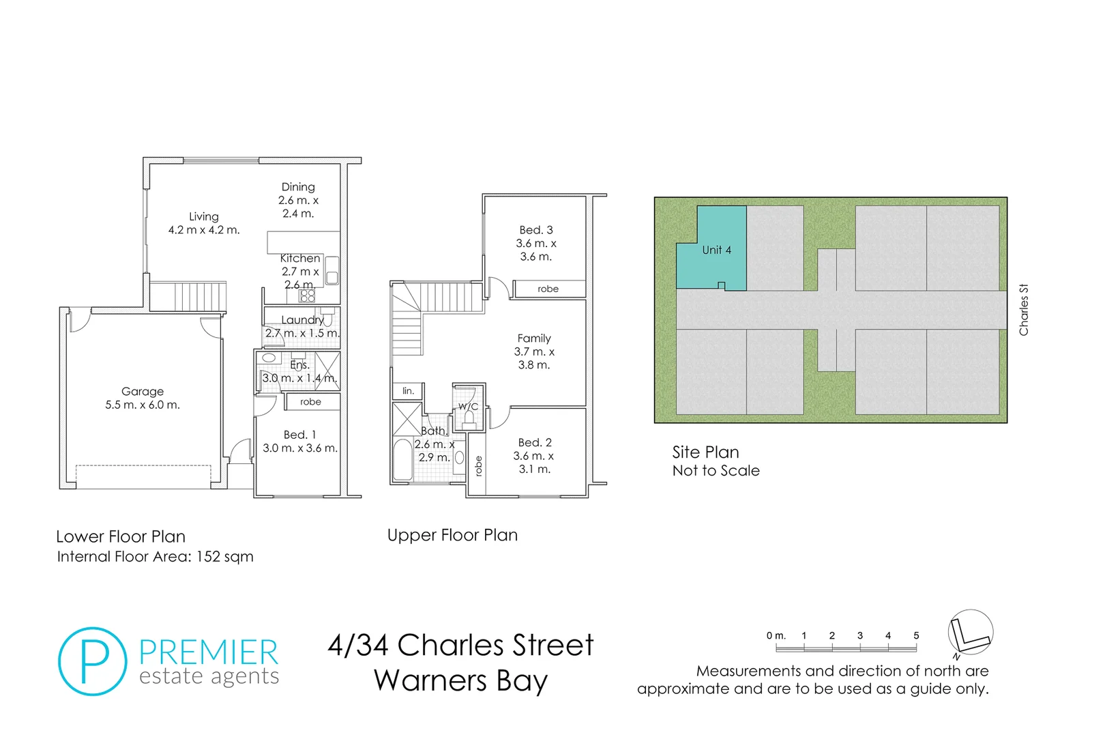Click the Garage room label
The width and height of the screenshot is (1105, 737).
tap(143, 392)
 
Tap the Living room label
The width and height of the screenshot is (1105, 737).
tap(204, 217)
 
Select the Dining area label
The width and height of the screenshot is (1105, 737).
tap(298, 187)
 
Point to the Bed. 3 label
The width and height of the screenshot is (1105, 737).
tap(536, 230)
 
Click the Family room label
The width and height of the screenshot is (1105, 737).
tap(534, 338)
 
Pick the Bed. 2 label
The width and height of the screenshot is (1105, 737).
tap(535, 443)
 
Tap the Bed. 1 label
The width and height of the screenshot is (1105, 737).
tap(300, 435)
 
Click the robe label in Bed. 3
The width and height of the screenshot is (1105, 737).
tap(548, 289)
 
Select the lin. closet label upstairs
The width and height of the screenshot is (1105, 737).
tap(408, 391)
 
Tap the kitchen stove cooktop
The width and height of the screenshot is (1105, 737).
tap(308, 295)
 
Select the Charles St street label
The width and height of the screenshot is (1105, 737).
tap(1023, 310)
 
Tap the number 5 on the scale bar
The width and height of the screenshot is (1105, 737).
tap(916, 635)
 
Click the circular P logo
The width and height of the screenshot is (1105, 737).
tap(93, 661)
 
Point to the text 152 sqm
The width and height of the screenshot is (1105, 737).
tap(224, 557)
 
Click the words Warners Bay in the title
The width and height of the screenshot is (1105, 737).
tap(460, 681)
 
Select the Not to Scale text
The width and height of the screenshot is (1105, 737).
tap(716, 471)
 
